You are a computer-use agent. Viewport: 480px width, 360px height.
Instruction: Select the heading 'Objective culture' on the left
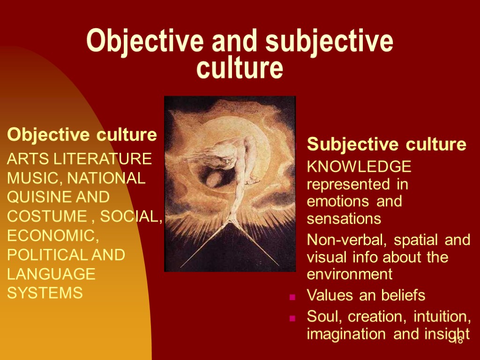pyautogui.click(x=82, y=135)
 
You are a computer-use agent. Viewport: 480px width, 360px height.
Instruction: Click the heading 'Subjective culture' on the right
pyautogui.click(x=387, y=144)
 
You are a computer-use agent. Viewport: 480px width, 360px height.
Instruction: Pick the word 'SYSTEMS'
pyautogui.click(x=45, y=293)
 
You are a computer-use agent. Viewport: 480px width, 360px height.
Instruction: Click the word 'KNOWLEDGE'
pyautogui.click(x=359, y=166)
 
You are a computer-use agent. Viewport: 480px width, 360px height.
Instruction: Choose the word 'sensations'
pyautogui.click(x=344, y=218)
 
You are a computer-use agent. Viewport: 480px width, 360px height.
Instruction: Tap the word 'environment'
pyautogui.click(x=350, y=274)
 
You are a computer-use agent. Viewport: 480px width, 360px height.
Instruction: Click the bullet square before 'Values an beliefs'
pyautogui.click(x=292, y=297)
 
